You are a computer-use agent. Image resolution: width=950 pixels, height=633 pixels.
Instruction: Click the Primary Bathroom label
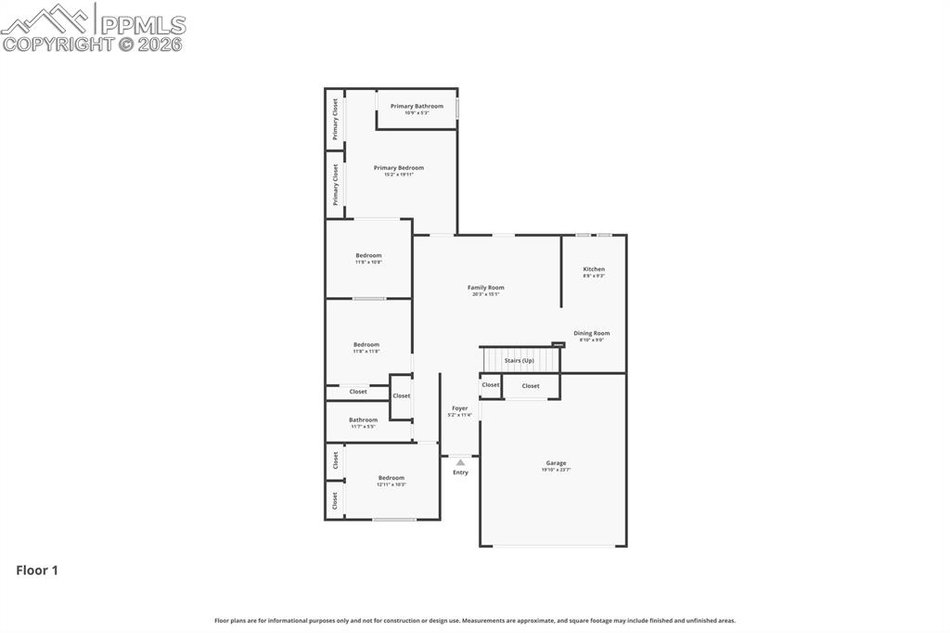coord(417,106)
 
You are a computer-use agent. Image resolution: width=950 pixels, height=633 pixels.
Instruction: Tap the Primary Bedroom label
coord(399,168)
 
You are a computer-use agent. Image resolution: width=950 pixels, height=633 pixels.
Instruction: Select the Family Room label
coord(486,288)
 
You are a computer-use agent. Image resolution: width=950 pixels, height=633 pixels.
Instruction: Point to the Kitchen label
coord(594,269)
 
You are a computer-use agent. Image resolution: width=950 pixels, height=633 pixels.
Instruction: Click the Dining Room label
coord(592,333)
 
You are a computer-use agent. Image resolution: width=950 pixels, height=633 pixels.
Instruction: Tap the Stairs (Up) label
coord(519,360)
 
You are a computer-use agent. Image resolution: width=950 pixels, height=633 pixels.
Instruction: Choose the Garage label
coord(556,463)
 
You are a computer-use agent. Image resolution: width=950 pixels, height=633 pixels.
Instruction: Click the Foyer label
coord(460,408)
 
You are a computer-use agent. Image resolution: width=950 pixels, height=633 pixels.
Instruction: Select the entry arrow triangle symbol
coord(460,461)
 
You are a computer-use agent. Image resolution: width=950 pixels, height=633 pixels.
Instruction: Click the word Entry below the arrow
coord(460,472)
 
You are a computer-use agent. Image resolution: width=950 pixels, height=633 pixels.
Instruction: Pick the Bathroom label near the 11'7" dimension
coord(363,420)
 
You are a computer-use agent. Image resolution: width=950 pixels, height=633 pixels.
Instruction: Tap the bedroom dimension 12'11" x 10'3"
coord(392,484)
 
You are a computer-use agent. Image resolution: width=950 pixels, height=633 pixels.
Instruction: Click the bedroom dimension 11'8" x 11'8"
coord(366,352)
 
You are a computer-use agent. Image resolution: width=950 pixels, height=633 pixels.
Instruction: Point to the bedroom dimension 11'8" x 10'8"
coord(368,263)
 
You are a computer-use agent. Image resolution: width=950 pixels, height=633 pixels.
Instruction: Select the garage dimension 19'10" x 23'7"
coord(556,470)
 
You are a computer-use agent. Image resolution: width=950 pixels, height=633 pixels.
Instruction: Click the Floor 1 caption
coord(37,571)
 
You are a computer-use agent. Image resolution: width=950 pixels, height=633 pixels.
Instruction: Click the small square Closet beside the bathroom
coord(401,396)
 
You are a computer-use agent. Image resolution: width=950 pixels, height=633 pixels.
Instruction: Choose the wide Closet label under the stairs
coord(531,386)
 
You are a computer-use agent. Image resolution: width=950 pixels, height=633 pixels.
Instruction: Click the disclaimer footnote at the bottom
coord(475,620)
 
